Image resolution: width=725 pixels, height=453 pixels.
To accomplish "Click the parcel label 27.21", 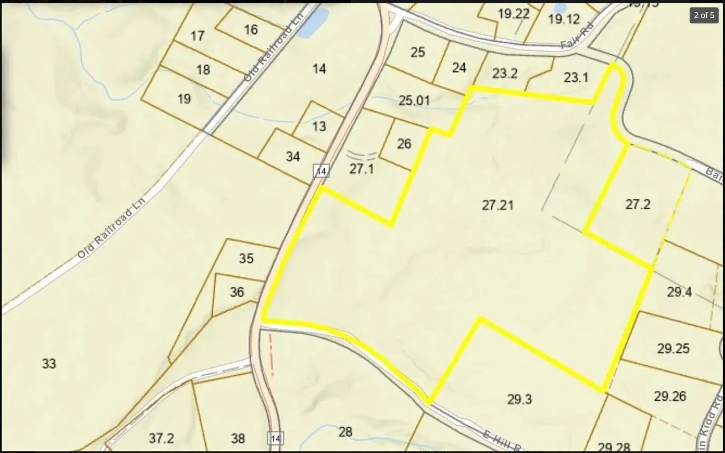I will [x=498, y=206].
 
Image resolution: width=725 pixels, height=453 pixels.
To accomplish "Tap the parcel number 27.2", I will [x=638, y=204].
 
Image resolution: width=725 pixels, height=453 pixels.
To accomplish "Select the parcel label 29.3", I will [x=519, y=399].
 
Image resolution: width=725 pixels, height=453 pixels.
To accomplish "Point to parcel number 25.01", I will [x=414, y=101].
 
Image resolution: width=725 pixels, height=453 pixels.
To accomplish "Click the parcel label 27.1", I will [x=361, y=169].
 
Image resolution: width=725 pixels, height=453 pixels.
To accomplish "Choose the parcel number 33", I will [x=49, y=364].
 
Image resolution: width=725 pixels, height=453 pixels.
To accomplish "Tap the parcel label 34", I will [x=293, y=157].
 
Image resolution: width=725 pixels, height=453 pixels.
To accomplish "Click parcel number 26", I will [x=404, y=144].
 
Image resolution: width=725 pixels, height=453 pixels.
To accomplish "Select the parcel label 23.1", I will [x=576, y=78].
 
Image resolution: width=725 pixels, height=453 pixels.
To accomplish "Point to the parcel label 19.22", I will [x=513, y=14].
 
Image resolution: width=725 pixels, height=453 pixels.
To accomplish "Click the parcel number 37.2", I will [x=161, y=438].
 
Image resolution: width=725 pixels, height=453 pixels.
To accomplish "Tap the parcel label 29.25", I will [x=673, y=349].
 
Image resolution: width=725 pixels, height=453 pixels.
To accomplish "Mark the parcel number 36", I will [x=237, y=292].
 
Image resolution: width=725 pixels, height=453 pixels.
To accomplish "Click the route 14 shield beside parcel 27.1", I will [x=321, y=171].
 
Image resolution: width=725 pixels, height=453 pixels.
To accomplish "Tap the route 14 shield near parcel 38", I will [x=276, y=438].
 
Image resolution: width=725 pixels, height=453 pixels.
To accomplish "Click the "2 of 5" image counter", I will [x=704, y=15].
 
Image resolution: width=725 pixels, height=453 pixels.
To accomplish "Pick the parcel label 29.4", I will [x=679, y=292].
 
